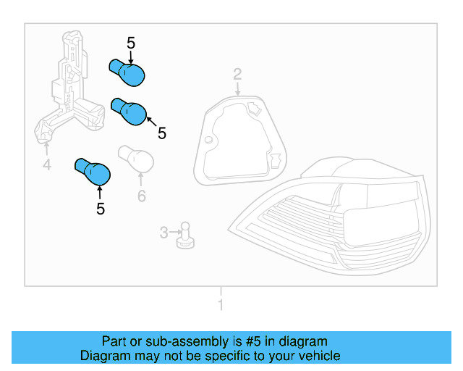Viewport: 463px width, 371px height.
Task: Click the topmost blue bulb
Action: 127,72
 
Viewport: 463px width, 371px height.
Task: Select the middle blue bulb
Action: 129,112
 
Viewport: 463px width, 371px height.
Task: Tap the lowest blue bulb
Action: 93,172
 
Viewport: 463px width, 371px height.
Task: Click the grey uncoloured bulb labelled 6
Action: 136,158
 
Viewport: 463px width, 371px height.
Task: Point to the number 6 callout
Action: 142,196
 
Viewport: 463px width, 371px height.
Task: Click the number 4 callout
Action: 47,164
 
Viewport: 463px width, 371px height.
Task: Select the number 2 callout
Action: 237,74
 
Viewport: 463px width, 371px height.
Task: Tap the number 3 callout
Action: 164,233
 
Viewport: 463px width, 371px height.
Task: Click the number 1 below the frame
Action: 221,305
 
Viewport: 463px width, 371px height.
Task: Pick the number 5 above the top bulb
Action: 131,43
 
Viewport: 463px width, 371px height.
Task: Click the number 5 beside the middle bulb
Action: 162,133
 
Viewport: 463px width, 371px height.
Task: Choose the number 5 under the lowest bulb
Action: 101,209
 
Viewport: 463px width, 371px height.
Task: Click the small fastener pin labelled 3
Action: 185,235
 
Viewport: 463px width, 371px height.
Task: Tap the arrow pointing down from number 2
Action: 238,88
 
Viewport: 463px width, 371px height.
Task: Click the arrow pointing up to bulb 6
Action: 141,180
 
